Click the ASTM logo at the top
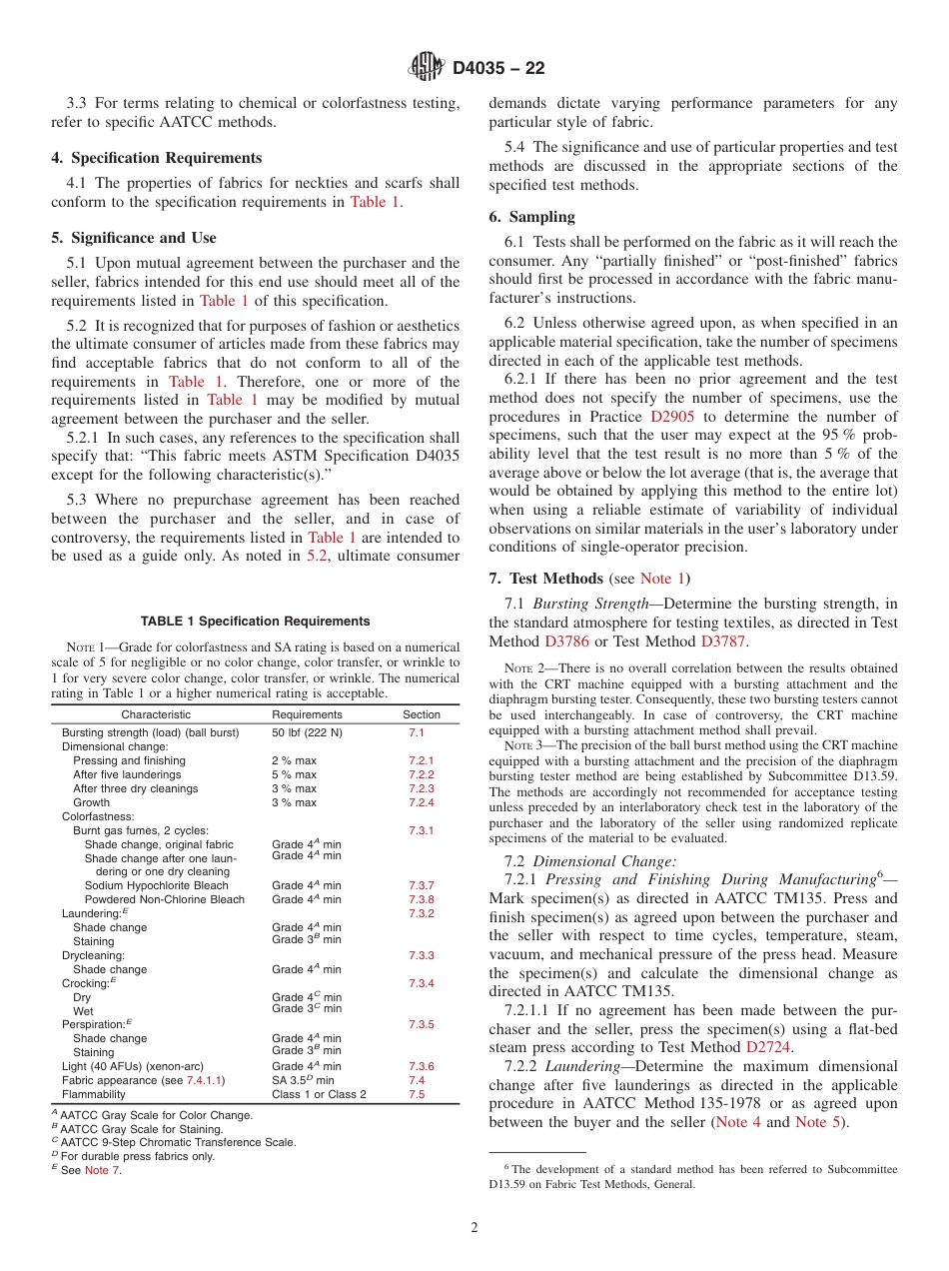click(427, 68)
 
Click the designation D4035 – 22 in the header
click(498, 69)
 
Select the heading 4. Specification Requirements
click(157, 158)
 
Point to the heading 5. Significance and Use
click(134, 238)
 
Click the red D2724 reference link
click(769, 1047)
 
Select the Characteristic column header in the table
click(156, 714)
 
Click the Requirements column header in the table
click(307, 714)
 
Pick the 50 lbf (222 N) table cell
click(307, 732)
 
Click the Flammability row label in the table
click(94, 1094)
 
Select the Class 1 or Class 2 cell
click(319, 1094)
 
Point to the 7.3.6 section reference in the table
click(421, 1066)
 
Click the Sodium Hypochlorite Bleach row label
click(156, 885)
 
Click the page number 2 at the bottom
click(474, 1228)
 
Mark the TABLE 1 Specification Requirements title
click(255, 622)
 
